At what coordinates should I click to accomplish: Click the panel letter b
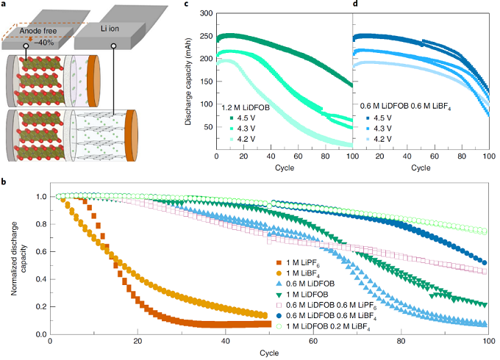pos(4,179)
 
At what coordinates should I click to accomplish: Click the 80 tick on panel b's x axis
pos(401,342)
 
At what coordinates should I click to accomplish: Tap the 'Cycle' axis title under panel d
pos(421,168)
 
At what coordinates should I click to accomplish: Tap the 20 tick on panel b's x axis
pos(137,342)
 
